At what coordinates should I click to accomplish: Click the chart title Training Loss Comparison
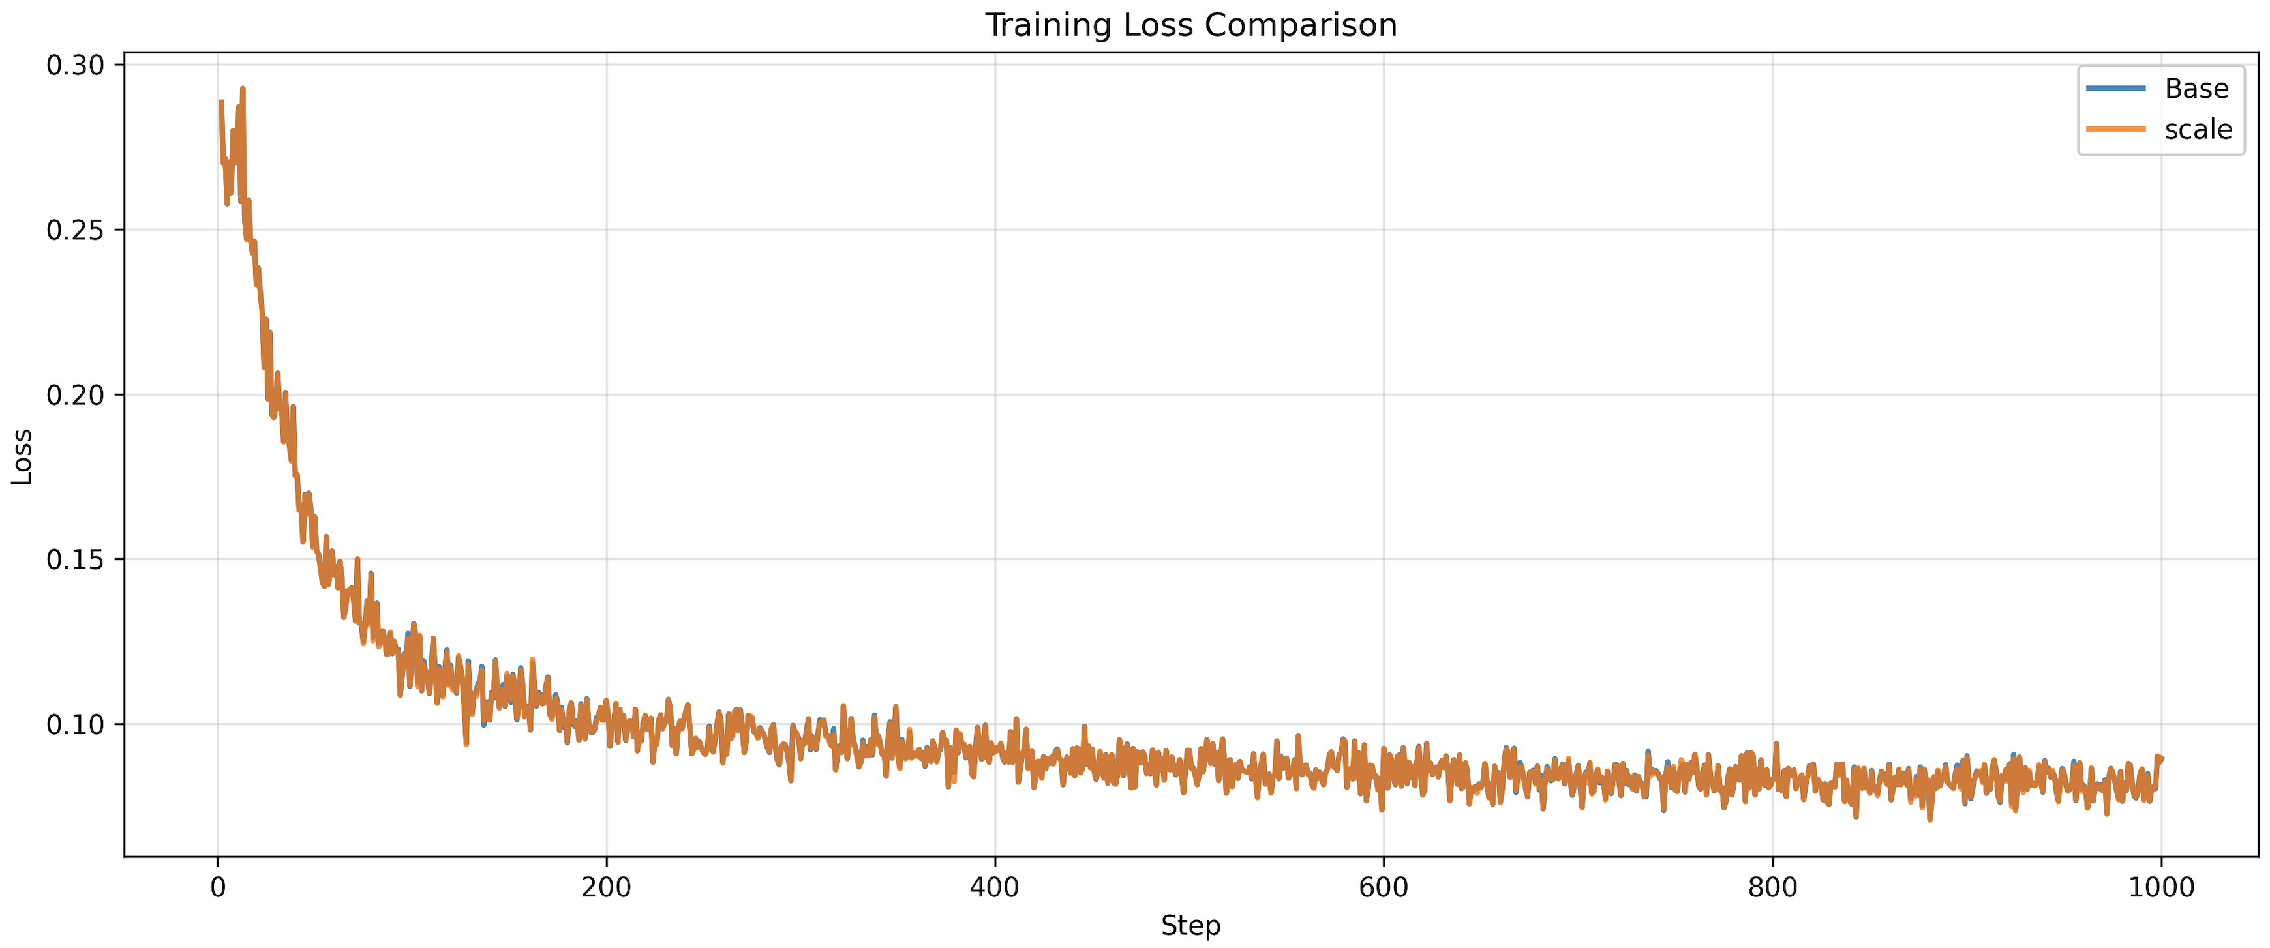pyautogui.click(x=1190, y=25)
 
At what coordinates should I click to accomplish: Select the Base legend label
pyautogui.click(x=2196, y=88)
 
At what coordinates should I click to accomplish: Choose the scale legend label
pyautogui.click(x=2198, y=130)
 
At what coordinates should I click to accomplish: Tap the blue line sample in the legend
pyautogui.click(x=2116, y=88)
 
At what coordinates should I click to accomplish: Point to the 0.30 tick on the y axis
pyautogui.click(x=75, y=65)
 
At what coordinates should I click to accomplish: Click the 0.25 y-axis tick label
pyautogui.click(x=75, y=230)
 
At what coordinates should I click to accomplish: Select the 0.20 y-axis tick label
pyautogui.click(x=75, y=394)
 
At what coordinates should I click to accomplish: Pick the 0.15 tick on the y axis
pyautogui.click(x=75, y=559)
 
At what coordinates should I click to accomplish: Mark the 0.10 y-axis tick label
pyautogui.click(x=75, y=724)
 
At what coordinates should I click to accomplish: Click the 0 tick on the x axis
pyautogui.click(x=218, y=886)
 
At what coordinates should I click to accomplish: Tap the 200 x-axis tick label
pyautogui.click(x=606, y=886)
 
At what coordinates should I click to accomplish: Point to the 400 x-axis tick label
pyautogui.click(x=995, y=886)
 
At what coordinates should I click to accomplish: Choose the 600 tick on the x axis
pyautogui.click(x=1384, y=886)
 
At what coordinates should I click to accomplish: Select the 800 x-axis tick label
pyautogui.click(x=1772, y=886)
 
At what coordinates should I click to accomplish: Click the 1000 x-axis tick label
pyautogui.click(x=2160, y=886)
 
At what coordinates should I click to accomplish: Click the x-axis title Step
pyautogui.click(x=1190, y=925)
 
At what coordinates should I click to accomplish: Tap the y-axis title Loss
pyautogui.click(x=22, y=456)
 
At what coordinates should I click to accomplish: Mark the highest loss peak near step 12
pyautogui.click(x=243, y=89)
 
